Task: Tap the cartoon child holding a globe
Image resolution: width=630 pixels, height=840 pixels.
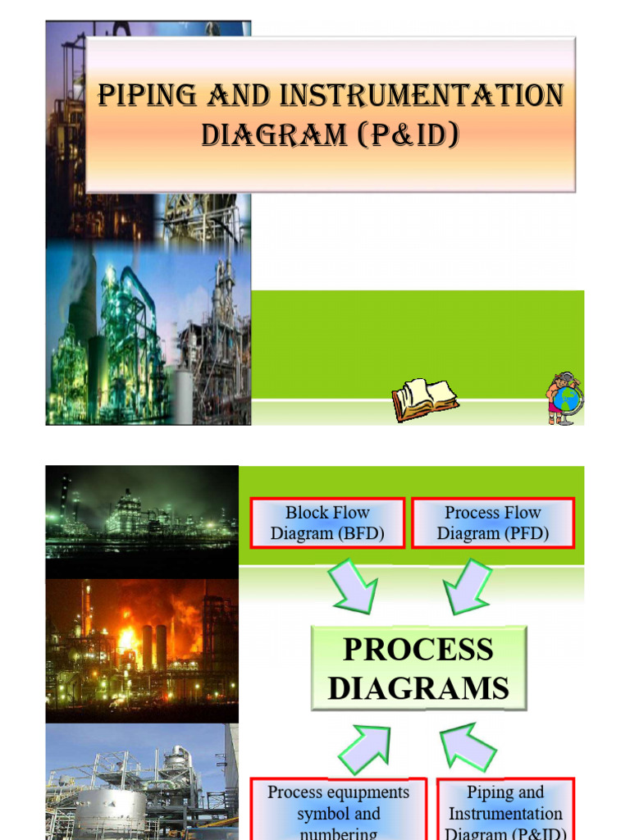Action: coord(564,398)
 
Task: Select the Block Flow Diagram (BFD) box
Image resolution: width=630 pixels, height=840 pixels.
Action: coord(327,523)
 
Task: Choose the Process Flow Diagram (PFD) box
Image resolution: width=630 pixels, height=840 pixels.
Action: coord(492,523)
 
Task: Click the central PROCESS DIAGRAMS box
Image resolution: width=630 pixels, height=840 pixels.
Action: coord(418,669)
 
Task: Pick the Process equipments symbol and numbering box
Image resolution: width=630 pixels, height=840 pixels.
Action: coord(338,810)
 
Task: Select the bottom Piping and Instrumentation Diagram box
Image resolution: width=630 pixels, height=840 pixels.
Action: coord(505,810)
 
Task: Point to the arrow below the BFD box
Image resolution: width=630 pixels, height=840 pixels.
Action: coord(354,584)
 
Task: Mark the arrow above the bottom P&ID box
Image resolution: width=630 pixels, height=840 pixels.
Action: coord(468,747)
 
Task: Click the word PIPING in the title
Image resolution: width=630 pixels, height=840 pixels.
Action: coord(144,96)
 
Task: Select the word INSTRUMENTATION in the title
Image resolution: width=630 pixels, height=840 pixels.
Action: coord(422,96)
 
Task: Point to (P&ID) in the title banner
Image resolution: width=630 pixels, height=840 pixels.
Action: coord(408,134)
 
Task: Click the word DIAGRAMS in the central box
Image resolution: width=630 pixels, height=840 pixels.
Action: coord(418,688)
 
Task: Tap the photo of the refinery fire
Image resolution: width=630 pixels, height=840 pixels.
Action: coord(142,651)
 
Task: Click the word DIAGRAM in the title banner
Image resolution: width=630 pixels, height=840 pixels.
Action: coord(274,134)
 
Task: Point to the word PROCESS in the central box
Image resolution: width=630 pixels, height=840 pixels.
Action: coord(418,650)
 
